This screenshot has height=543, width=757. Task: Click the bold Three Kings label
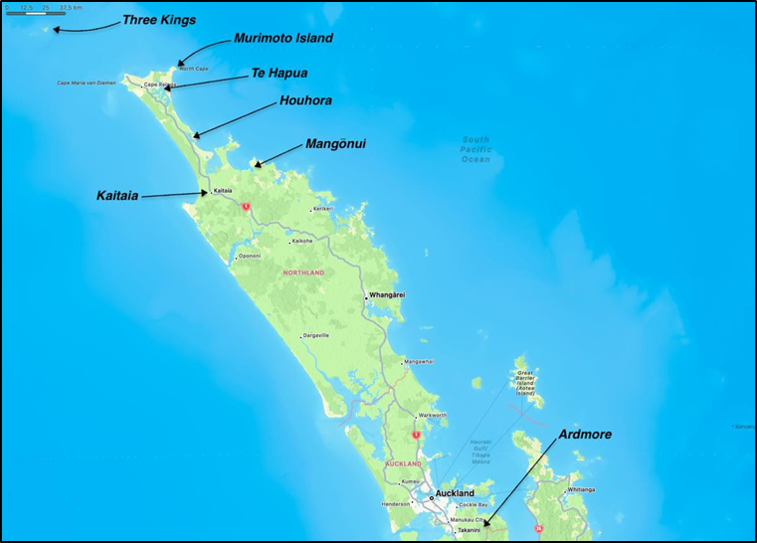point(159,19)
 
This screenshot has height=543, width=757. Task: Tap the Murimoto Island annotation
point(284,39)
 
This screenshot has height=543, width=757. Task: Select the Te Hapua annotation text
point(280,73)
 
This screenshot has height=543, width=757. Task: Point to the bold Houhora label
point(305,100)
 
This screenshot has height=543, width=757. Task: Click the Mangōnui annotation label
point(335,144)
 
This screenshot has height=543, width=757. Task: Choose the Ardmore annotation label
point(585,435)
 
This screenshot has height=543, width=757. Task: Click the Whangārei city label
point(387,295)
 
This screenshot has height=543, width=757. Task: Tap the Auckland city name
point(455,493)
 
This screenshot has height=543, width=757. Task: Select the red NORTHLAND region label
point(303,272)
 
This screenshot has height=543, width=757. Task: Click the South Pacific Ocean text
point(475,149)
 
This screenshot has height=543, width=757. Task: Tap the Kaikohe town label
point(302,241)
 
